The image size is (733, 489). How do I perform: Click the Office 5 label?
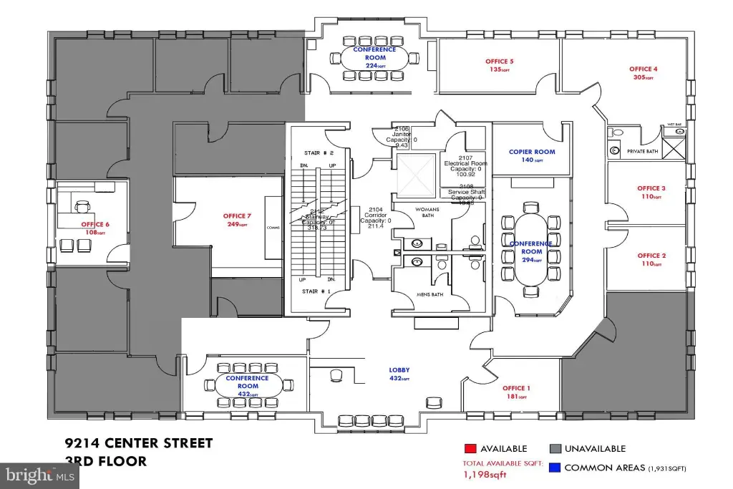coord(500,62)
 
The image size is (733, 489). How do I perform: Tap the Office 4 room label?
coord(643,69)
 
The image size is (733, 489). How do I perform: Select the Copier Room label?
coord(532,152)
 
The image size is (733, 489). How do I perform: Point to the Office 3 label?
coord(651,189)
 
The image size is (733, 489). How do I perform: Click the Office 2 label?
coord(651,256)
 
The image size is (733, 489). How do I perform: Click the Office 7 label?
coord(237,216)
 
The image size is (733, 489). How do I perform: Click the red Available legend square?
coord(470,449)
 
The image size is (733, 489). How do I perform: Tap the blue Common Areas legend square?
coord(555,468)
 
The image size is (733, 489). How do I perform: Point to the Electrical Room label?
coord(465,163)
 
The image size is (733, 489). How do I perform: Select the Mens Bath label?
coord(430,294)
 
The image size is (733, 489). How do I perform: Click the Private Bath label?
coord(642,152)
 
